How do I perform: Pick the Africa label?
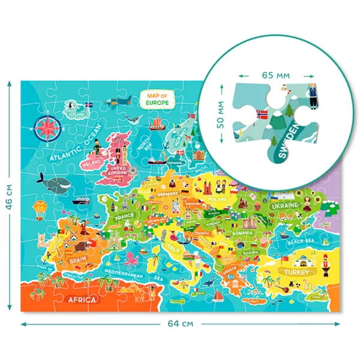pos(83,298)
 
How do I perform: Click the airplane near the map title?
pos(122,99)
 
